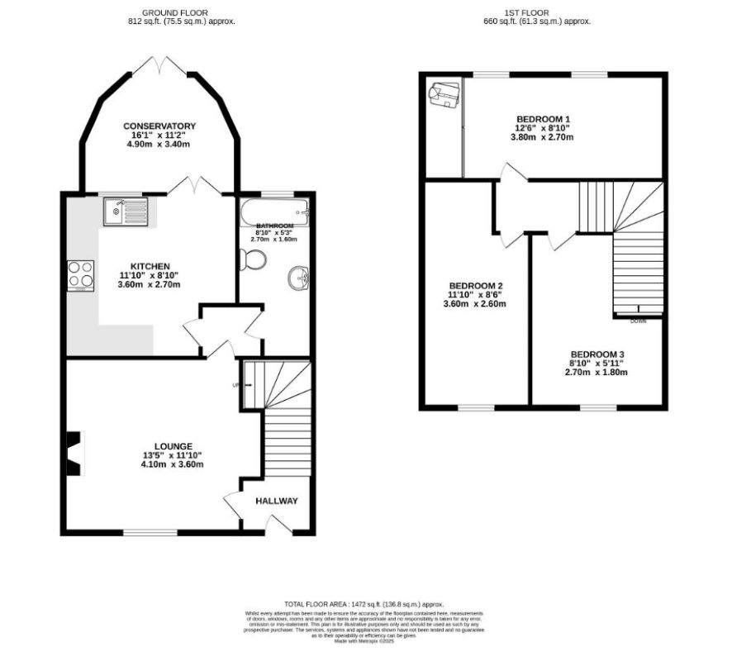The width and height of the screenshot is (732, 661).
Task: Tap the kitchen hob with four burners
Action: click(80, 275)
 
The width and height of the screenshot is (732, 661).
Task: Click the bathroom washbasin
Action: click(298, 279)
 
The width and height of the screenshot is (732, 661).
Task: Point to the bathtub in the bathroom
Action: click(273, 212)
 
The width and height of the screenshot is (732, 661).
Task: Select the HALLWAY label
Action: click(276, 501)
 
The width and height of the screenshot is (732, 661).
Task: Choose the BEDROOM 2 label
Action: click(475, 286)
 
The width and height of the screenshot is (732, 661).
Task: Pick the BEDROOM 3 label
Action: click(597, 353)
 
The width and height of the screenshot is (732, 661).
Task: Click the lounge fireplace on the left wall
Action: click(75, 454)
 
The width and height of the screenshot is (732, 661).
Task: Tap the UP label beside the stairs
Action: click(235, 384)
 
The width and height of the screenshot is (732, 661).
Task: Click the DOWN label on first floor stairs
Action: click(638, 321)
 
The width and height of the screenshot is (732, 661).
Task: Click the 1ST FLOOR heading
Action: click(537, 12)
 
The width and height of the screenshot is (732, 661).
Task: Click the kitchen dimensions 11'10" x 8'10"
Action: click(149, 275)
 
